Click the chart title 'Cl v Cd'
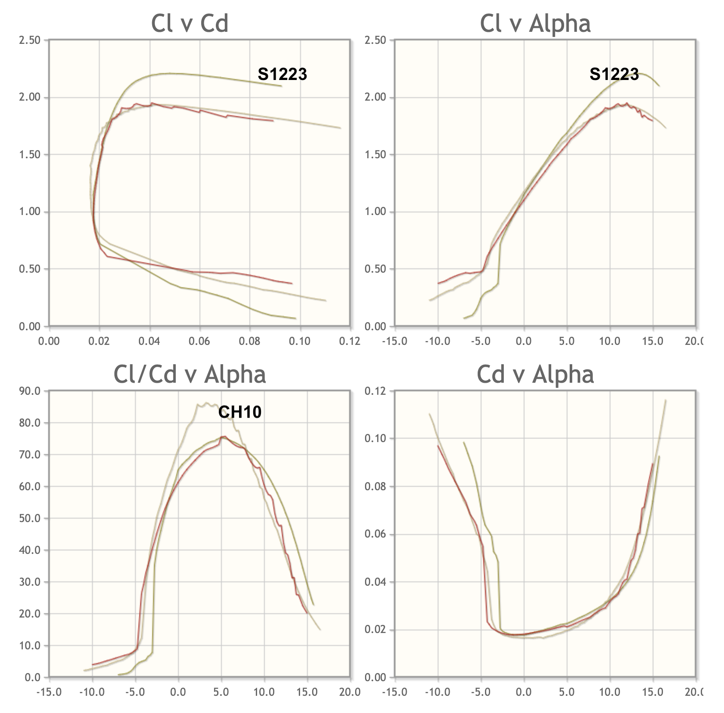click(x=190, y=23)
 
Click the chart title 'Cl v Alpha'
click(x=535, y=23)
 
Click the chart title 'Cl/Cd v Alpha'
click(x=190, y=374)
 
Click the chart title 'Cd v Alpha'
click(x=535, y=374)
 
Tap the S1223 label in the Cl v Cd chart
click(x=282, y=74)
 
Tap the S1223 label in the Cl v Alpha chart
click(x=614, y=74)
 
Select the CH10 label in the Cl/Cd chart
click(x=240, y=412)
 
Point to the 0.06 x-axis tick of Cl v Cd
click(x=199, y=341)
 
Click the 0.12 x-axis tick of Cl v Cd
click(x=349, y=341)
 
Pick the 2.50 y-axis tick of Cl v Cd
click(x=30, y=40)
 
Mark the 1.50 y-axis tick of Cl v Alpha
click(x=375, y=155)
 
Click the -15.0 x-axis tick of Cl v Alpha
click(x=394, y=341)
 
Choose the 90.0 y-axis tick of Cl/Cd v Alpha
click(x=30, y=391)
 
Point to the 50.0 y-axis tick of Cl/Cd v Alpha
click(x=30, y=518)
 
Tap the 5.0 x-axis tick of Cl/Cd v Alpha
click(x=221, y=692)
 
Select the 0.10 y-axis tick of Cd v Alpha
click(x=375, y=439)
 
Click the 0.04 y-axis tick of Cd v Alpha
click(x=375, y=582)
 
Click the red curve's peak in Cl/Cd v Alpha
click(x=223, y=437)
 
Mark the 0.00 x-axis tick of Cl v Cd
click(x=49, y=341)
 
